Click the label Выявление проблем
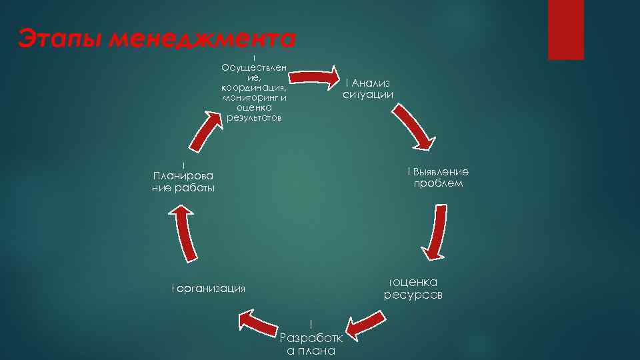tap(438, 177)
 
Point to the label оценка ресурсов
tap(413, 288)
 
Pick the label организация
tap(209, 288)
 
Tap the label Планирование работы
tap(183, 182)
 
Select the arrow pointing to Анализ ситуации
tap(315, 75)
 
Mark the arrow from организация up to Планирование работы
tap(185, 233)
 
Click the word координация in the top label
tap(254, 87)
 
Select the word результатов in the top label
tap(254, 118)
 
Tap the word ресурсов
tap(413, 295)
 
